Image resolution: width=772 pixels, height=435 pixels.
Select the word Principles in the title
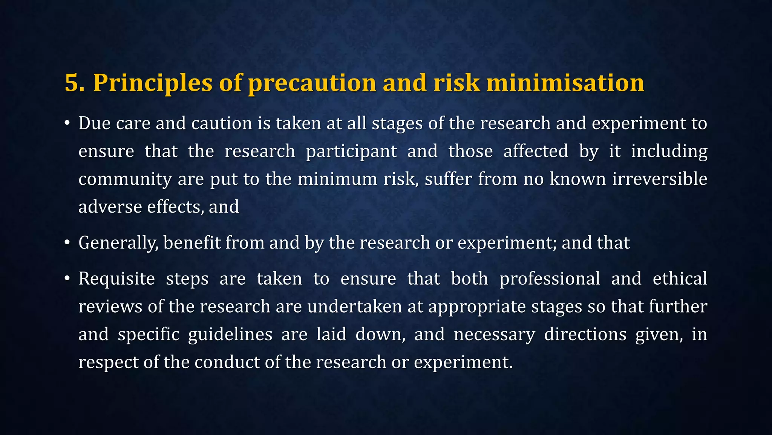click(x=153, y=83)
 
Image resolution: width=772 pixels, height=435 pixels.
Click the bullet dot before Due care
click(x=67, y=123)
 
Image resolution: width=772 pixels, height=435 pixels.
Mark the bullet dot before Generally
click(x=67, y=243)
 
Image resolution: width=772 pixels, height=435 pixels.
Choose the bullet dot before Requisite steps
click(x=67, y=279)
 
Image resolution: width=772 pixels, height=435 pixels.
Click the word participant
click(x=351, y=151)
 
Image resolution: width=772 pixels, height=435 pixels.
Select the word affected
click(x=536, y=151)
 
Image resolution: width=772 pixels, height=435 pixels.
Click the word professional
click(x=550, y=279)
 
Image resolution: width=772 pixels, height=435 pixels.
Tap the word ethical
click(x=680, y=279)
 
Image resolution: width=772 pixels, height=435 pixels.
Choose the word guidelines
click(x=230, y=335)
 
